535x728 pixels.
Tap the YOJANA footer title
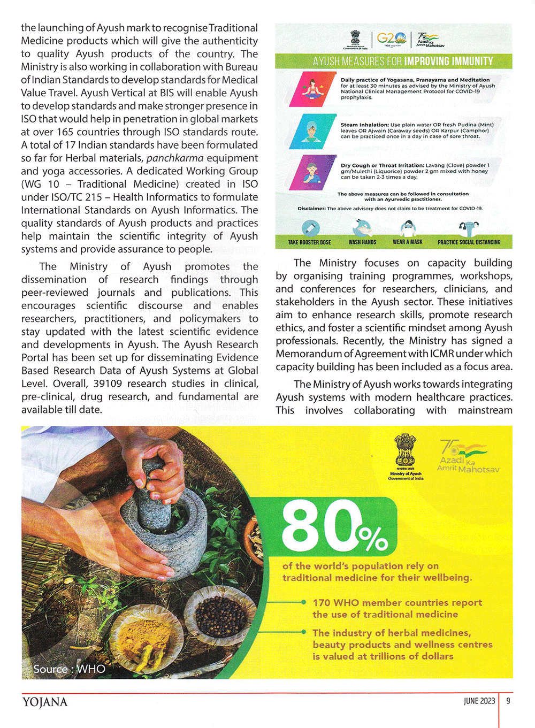click(x=45, y=702)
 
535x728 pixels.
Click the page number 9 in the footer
click(x=508, y=701)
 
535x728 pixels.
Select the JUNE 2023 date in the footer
click(x=479, y=701)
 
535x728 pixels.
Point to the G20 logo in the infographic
click(x=391, y=39)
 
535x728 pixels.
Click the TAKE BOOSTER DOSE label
click(x=309, y=242)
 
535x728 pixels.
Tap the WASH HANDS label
click(x=362, y=242)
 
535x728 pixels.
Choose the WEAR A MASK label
click(x=408, y=242)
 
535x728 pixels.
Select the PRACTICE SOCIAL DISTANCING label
click(x=469, y=242)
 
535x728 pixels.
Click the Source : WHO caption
click(x=69, y=669)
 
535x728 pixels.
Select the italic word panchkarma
click(x=174, y=158)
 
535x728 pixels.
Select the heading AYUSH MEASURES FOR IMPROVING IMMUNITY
click(x=403, y=62)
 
